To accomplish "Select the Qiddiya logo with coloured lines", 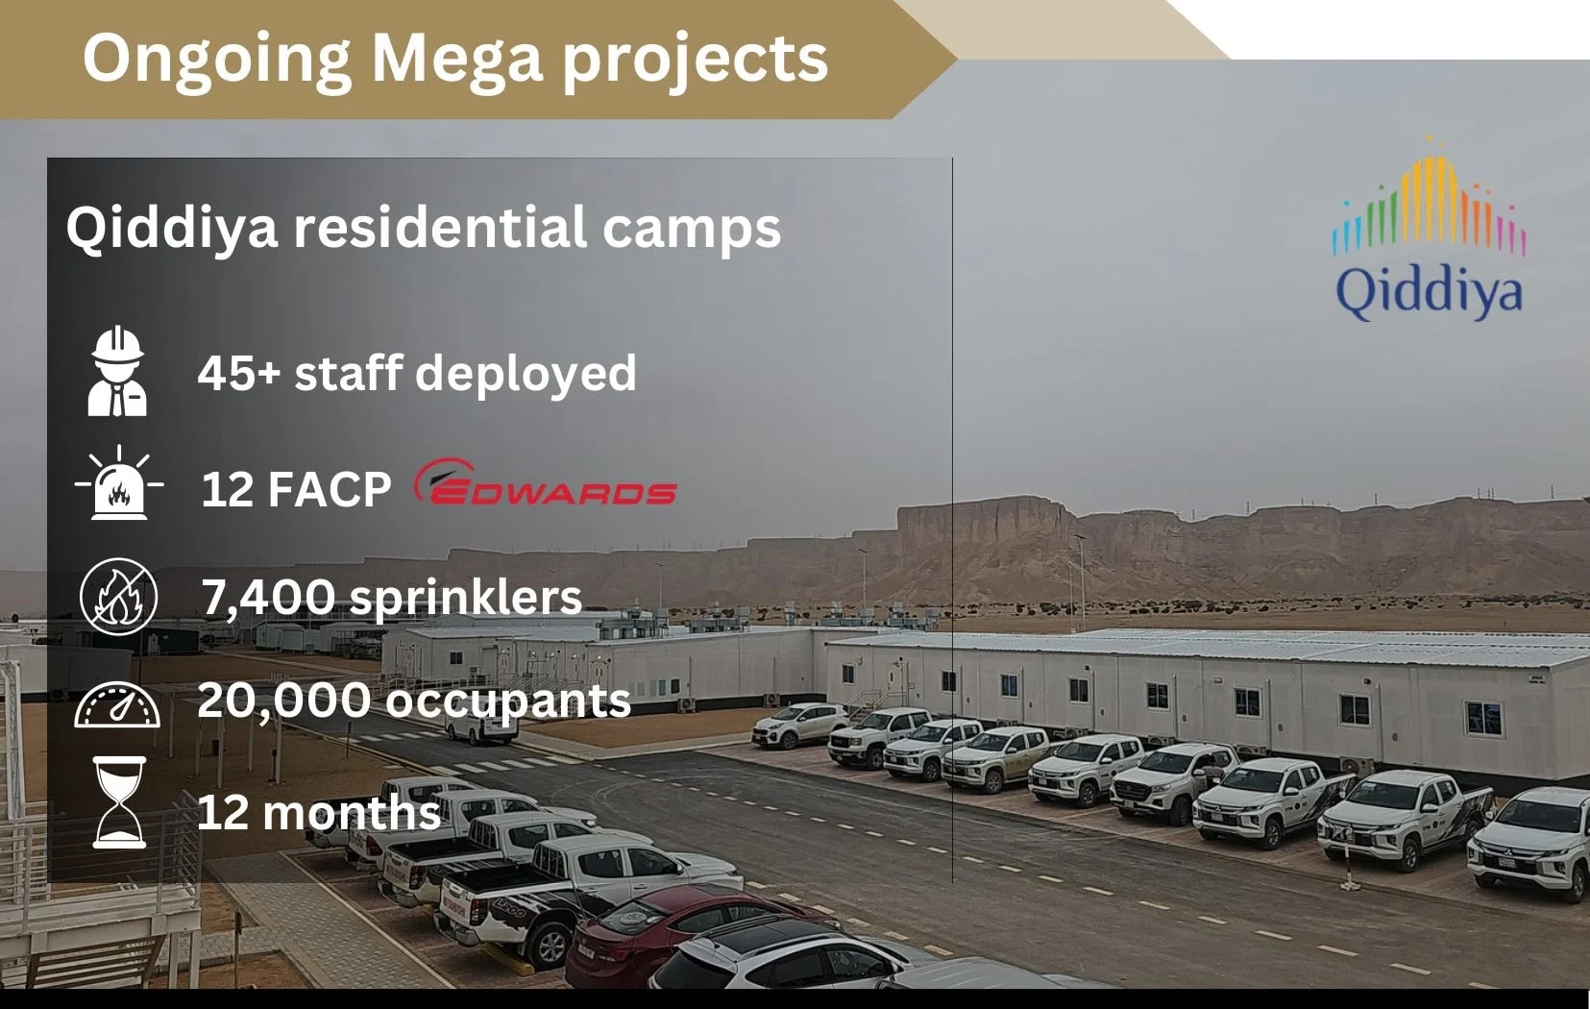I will [x=1429, y=231].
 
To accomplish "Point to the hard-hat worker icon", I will [x=117, y=372].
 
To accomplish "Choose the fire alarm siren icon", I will [x=119, y=483].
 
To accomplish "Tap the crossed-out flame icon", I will [x=118, y=596].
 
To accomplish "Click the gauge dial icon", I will [x=118, y=704].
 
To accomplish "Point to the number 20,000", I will [x=283, y=700].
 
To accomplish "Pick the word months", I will [x=352, y=813].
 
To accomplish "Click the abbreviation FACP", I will [x=330, y=489].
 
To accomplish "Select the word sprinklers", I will [x=466, y=599].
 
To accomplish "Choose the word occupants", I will [x=508, y=701].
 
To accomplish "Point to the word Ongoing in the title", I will [x=217, y=60].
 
